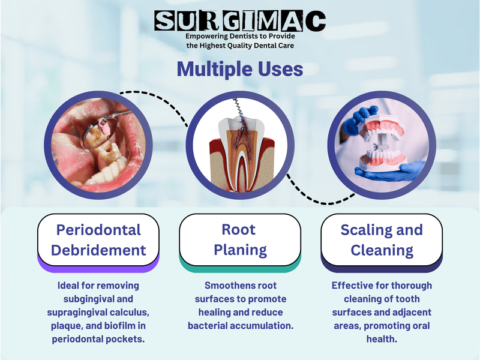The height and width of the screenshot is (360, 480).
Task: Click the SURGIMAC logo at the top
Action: tap(240, 22)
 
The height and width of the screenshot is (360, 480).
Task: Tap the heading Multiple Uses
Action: tap(240, 69)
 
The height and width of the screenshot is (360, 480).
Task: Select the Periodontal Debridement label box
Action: tap(98, 239)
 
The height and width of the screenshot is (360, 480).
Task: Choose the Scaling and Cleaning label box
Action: tap(382, 239)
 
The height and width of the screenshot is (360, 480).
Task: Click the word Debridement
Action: tap(98, 250)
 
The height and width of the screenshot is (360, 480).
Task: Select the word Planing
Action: tap(239, 250)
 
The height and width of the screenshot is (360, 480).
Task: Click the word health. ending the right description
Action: tap(382, 338)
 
